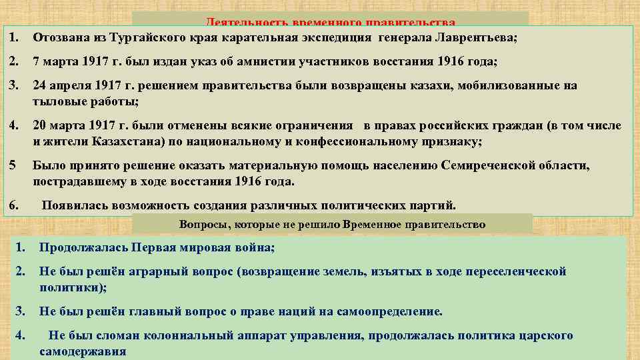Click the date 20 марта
point(58,125)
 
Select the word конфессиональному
point(339,142)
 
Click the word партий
point(436,205)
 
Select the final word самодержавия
point(83,351)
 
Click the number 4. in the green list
point(21,335)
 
